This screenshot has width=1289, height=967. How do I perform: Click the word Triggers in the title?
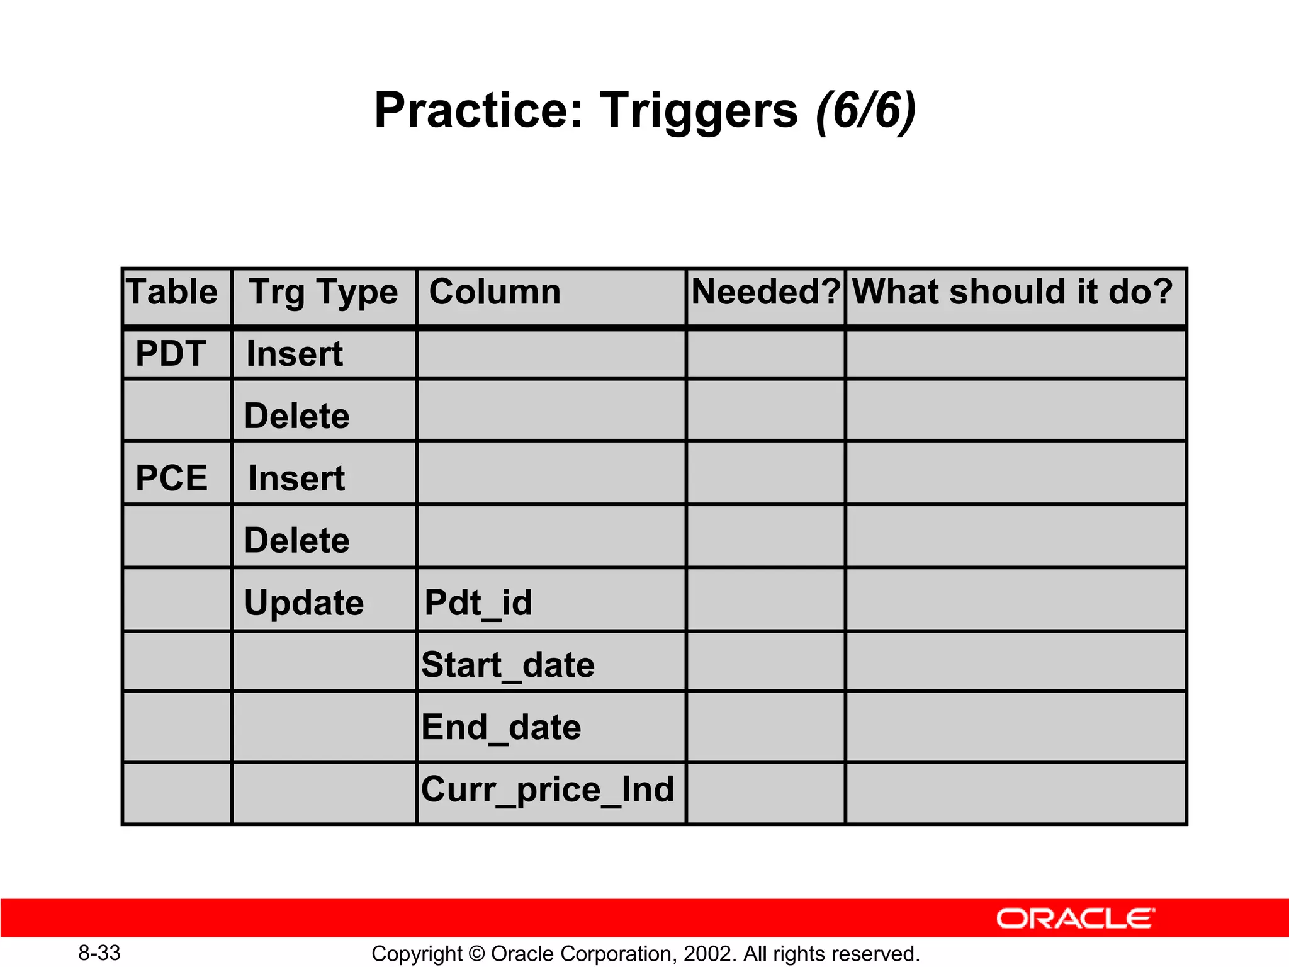(699, 111)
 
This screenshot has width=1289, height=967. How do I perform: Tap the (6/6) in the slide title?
(865, 111)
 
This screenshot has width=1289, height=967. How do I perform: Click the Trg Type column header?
(324, 293)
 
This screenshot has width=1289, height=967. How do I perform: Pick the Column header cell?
(495, 292)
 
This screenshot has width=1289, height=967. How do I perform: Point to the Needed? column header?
(765, 292)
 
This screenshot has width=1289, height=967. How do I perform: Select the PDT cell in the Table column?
(171, 354)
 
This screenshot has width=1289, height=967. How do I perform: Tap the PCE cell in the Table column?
(171, 478)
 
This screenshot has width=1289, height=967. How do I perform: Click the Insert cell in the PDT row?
(295, 354)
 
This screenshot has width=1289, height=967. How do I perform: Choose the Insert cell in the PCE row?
(296, 478)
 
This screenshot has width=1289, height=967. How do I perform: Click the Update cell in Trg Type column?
(304, 603)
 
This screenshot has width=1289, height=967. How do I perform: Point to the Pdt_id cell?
(478, 603)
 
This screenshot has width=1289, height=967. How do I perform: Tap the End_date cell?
(501, 728)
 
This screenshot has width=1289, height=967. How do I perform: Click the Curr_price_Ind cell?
(548, 789)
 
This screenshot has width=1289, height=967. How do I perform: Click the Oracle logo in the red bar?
(1075, 919)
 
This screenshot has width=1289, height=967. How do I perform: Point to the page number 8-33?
(99, 953)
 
